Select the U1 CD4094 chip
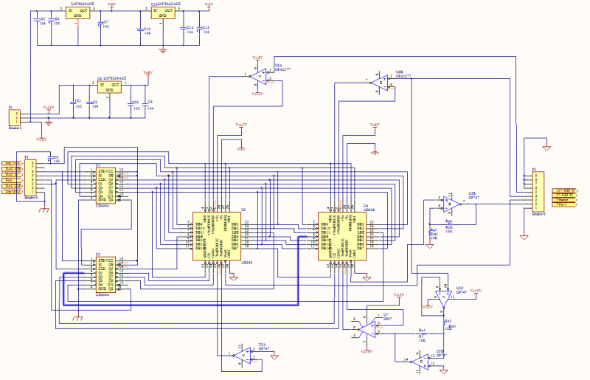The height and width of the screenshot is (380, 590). click(106, 184)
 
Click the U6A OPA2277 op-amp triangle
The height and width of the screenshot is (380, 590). click(259, 76)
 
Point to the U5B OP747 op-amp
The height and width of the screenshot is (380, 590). click(448, 202)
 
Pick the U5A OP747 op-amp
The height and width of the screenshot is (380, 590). click(241, 355)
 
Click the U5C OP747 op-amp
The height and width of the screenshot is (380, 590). click(442, 298)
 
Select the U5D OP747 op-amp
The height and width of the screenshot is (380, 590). click(420, 361)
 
